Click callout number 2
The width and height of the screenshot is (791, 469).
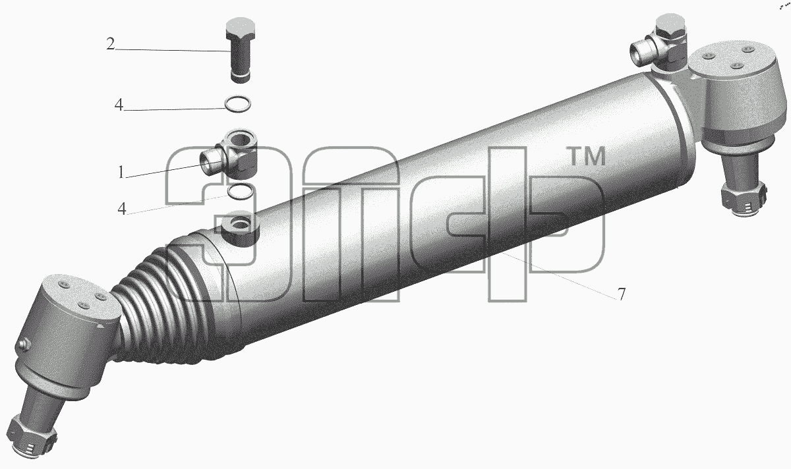111,45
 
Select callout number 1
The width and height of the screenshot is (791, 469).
121,172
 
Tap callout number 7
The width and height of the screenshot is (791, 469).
621,294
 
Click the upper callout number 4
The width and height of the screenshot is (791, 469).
119,105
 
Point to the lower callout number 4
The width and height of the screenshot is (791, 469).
122,209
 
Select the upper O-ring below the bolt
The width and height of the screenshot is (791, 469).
238,105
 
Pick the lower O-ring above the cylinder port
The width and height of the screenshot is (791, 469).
241,191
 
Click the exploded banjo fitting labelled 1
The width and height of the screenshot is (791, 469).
229,154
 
